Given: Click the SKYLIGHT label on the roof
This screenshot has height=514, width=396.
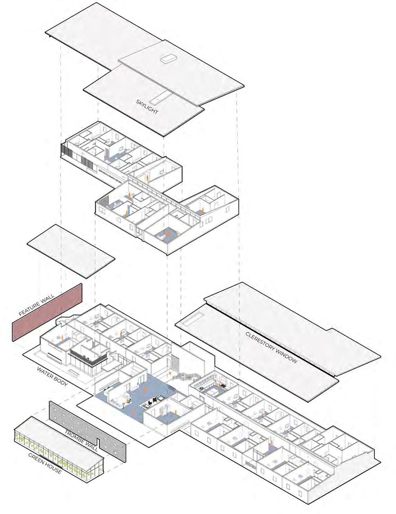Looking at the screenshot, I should coord(147,107).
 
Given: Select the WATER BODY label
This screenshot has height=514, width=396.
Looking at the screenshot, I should coord(52,377).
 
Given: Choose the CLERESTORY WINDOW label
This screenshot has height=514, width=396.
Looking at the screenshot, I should coord(271,347).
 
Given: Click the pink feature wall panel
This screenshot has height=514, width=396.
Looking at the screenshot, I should coord(47,312).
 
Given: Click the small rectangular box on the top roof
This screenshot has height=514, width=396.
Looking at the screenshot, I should coord(169,59).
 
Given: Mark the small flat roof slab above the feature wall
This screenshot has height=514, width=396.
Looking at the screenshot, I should coord(71,251).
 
